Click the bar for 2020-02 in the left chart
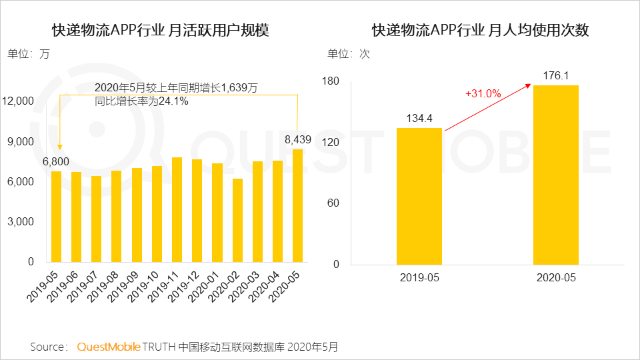pos(237,220)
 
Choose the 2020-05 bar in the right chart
pos(555,175)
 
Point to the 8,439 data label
pos(297,139)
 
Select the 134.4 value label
pos(419,118)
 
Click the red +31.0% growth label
pos(483,94)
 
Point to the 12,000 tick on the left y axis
pos(19,101)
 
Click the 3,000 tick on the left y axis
pos(22,222)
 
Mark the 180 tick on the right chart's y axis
pos(331,81)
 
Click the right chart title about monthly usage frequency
pos(480,31)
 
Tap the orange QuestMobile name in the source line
pos(109,347)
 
